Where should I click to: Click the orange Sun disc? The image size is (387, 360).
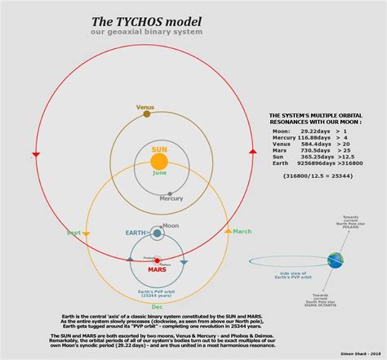tap(159, 161)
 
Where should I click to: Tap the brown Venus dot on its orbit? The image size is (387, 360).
tap(146, 114)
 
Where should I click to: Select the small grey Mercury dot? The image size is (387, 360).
tap(170, 193)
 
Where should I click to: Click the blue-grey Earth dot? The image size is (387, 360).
tap(157, 234)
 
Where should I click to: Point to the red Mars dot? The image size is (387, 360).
tap(157, 261)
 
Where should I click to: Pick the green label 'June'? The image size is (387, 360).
tap(159, 173)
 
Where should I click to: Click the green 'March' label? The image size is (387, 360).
tap(242, 232)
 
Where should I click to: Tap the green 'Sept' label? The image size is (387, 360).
tap(73, 233)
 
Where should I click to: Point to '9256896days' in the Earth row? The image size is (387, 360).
tap(313, 163)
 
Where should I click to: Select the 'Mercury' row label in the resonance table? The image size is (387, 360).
tap(285, 137)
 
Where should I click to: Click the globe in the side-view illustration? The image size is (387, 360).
tap(336, 260)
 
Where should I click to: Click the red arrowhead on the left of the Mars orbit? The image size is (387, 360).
tap(36, 154)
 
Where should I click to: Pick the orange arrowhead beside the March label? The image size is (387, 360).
tap(228, 233)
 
